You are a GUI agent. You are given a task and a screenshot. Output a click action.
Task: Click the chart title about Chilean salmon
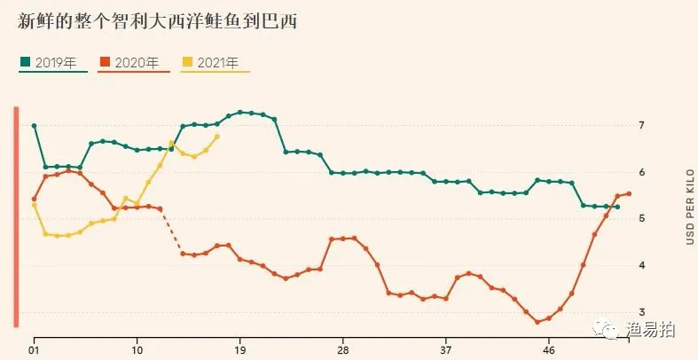[157, 22]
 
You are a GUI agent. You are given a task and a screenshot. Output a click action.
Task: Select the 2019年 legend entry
[53, 63]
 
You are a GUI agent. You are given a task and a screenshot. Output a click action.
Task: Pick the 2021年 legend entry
[216, 63]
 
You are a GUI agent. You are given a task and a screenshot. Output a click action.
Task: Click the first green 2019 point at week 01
[34, 126]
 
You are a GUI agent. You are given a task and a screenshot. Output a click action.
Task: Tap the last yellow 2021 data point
[217, 137]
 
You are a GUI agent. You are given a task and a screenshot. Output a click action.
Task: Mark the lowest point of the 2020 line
[537, 322]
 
